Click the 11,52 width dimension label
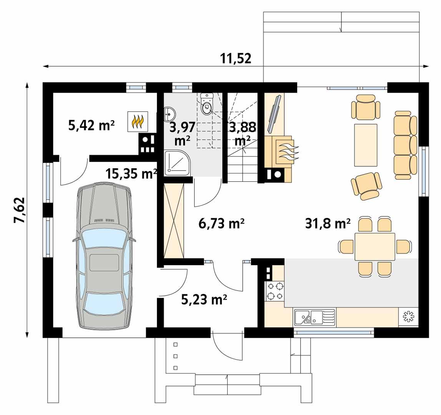click(235, 58)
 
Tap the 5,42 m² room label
click(92, 125)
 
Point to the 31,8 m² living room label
click(328, 223)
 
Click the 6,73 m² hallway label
click(222, 223)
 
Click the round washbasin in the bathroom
click(170, 114)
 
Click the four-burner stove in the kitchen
click(275, 291)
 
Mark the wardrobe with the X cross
click(174, 221)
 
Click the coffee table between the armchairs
click(366, 144)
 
